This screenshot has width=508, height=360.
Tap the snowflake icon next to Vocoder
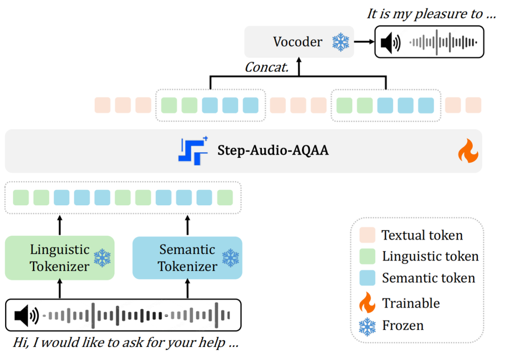pyautogui.click(x=340, y=42)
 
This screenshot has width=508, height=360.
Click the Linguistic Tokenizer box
pyautogui.click(x=60, y=258)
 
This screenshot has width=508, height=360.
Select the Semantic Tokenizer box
pyautogui.click(x=187, y=258)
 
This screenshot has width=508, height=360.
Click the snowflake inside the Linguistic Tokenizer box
pyautogui.click(x=102, y=258)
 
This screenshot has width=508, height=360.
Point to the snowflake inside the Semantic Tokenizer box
pyautogui.click(x=230, y=258)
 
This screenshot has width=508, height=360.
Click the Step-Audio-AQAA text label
pyautogui.click(x=273, y=151)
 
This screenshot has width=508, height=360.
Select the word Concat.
pyautogui.click(x=266, y=67)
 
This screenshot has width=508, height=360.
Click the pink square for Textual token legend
pyautogui.click(x=367, y=235)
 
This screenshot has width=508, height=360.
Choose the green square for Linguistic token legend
pyautogui.click(x=367, y=256)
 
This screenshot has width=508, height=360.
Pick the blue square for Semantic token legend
pyautogui.click(x=367, y=278)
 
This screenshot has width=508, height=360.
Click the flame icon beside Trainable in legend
pyautogui.click(x=367, y=303)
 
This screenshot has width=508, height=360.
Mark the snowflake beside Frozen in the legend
pyautogui.click(x=367, y=325)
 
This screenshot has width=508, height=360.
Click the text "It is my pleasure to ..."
pyautogui.click(x=431, y=14)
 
